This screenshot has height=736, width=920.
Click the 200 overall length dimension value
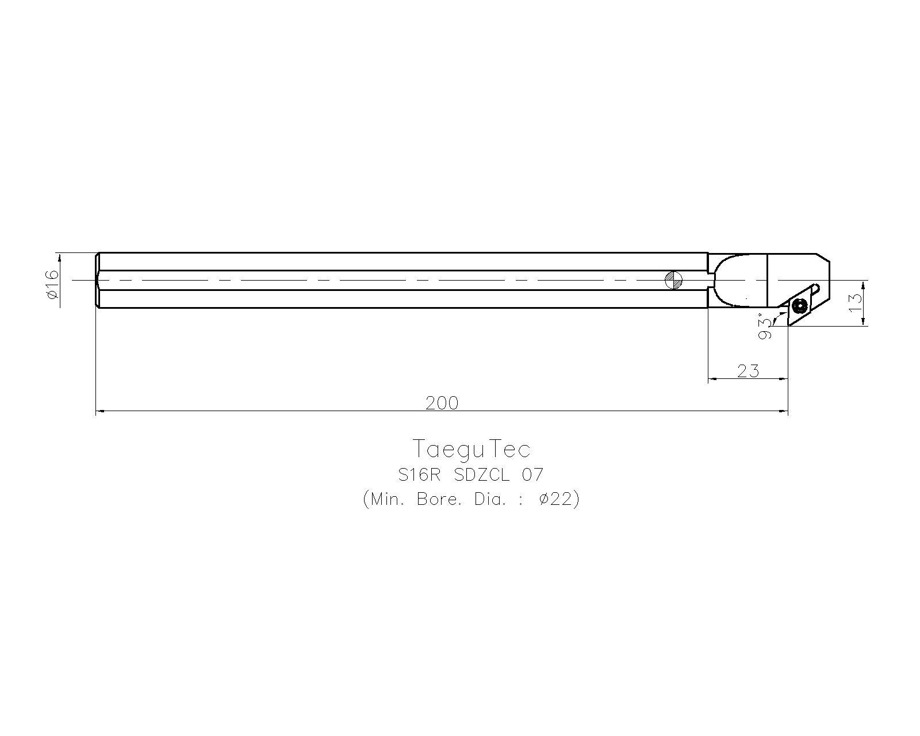click(442, 403)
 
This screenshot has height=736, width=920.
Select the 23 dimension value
click(748, 371)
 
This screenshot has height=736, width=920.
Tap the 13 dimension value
click(856, 303)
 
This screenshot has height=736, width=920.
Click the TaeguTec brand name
click(471, 448)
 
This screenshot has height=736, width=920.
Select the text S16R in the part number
click(419, 475)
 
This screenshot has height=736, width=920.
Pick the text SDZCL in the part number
click(482, 475)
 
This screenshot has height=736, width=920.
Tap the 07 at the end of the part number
click(532, 475)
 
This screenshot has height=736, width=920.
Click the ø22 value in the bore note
click(555, 499)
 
